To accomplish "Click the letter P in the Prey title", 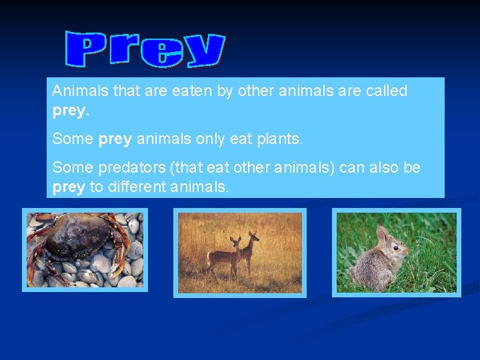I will (x=86, y=50).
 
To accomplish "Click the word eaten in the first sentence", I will (x=190, y=91).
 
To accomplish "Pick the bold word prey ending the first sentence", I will (x=70, y=111).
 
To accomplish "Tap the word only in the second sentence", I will (x=211, y=139).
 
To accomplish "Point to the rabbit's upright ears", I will (x=383, y=233).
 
